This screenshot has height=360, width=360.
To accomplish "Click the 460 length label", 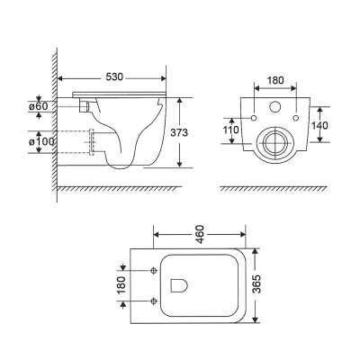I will point(195,234).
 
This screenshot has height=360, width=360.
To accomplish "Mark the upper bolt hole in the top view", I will point(154,269).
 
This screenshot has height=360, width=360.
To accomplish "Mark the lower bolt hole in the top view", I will point(154,299).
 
